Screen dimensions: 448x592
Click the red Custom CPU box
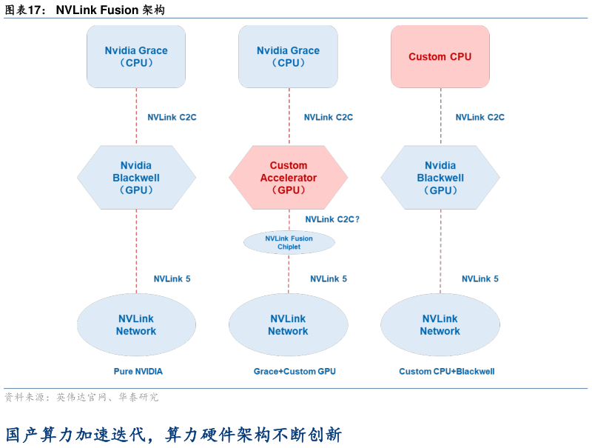(x=440, y=57)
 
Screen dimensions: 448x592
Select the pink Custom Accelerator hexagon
(x=288, y=178)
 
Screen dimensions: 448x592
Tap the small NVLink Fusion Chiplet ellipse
(x=289, y=243)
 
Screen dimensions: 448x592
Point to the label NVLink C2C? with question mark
(x=332, y=219)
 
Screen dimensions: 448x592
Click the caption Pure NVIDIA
(x=138, y=371)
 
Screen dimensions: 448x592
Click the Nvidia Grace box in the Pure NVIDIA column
(x=136, y=57)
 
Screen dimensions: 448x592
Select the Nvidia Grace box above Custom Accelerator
(x=288, y=57)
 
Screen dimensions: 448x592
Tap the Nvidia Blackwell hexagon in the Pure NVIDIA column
(x=136, y=178)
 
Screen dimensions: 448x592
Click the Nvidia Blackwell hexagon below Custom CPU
(x=440, y=178)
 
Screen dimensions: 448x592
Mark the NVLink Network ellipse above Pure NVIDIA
(x=136, y=325)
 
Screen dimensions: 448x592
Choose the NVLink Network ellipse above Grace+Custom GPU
(x=288, y=325)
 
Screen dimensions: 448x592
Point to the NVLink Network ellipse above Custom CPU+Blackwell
(x=440, y=325)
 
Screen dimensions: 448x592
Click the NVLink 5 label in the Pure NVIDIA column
(x=172, y=279)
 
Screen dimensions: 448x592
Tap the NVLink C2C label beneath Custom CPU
(x=480, y=117)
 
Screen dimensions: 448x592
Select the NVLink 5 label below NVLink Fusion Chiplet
(x=329, y=279)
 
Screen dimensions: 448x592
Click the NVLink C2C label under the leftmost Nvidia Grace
(x=172, y=117)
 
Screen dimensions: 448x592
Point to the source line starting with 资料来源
(x=81, y=398)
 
